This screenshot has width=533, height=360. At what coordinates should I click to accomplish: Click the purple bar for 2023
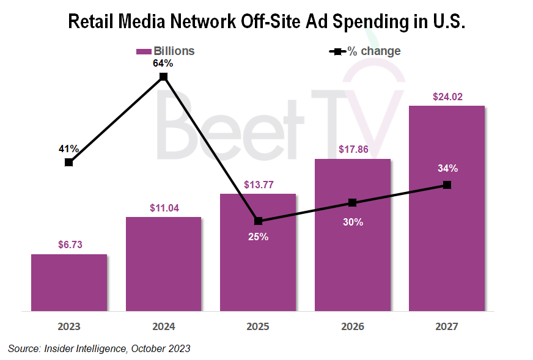[x=69, y=282]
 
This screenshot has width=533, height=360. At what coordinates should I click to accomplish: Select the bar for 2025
[x=258, y=269]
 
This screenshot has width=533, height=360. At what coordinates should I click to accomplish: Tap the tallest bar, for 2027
[x=447, y=244]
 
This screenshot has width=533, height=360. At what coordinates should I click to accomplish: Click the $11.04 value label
[x=164, y=208]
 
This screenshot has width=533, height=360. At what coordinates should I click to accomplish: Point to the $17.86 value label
[x=353, y=150]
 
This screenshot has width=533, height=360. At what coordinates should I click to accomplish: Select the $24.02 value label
[x=447, y=97]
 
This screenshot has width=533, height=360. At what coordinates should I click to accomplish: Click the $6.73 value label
[x=69, y=245]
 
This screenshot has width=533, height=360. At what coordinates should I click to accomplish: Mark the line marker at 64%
[x=164, y=76]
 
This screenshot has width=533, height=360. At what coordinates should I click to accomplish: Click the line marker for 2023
[x=69, y=163]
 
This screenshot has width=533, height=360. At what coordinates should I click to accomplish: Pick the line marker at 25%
[x=258, y=221]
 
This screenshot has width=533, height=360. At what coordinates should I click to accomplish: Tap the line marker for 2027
[x=447, y=185]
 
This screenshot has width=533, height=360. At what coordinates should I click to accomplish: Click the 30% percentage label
[x=353, y=222]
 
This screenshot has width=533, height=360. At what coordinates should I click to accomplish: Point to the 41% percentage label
[x=69, y=149]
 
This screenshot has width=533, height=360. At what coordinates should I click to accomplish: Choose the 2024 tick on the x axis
[x=164, y=326]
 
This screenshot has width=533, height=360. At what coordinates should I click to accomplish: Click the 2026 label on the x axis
[x=353, y=326]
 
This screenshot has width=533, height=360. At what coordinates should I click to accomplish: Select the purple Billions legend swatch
[x=143, y=51]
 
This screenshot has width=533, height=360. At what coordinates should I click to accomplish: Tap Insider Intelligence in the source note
[x=83, y=349]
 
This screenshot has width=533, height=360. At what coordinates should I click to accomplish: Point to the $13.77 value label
[x=258, y=185]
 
